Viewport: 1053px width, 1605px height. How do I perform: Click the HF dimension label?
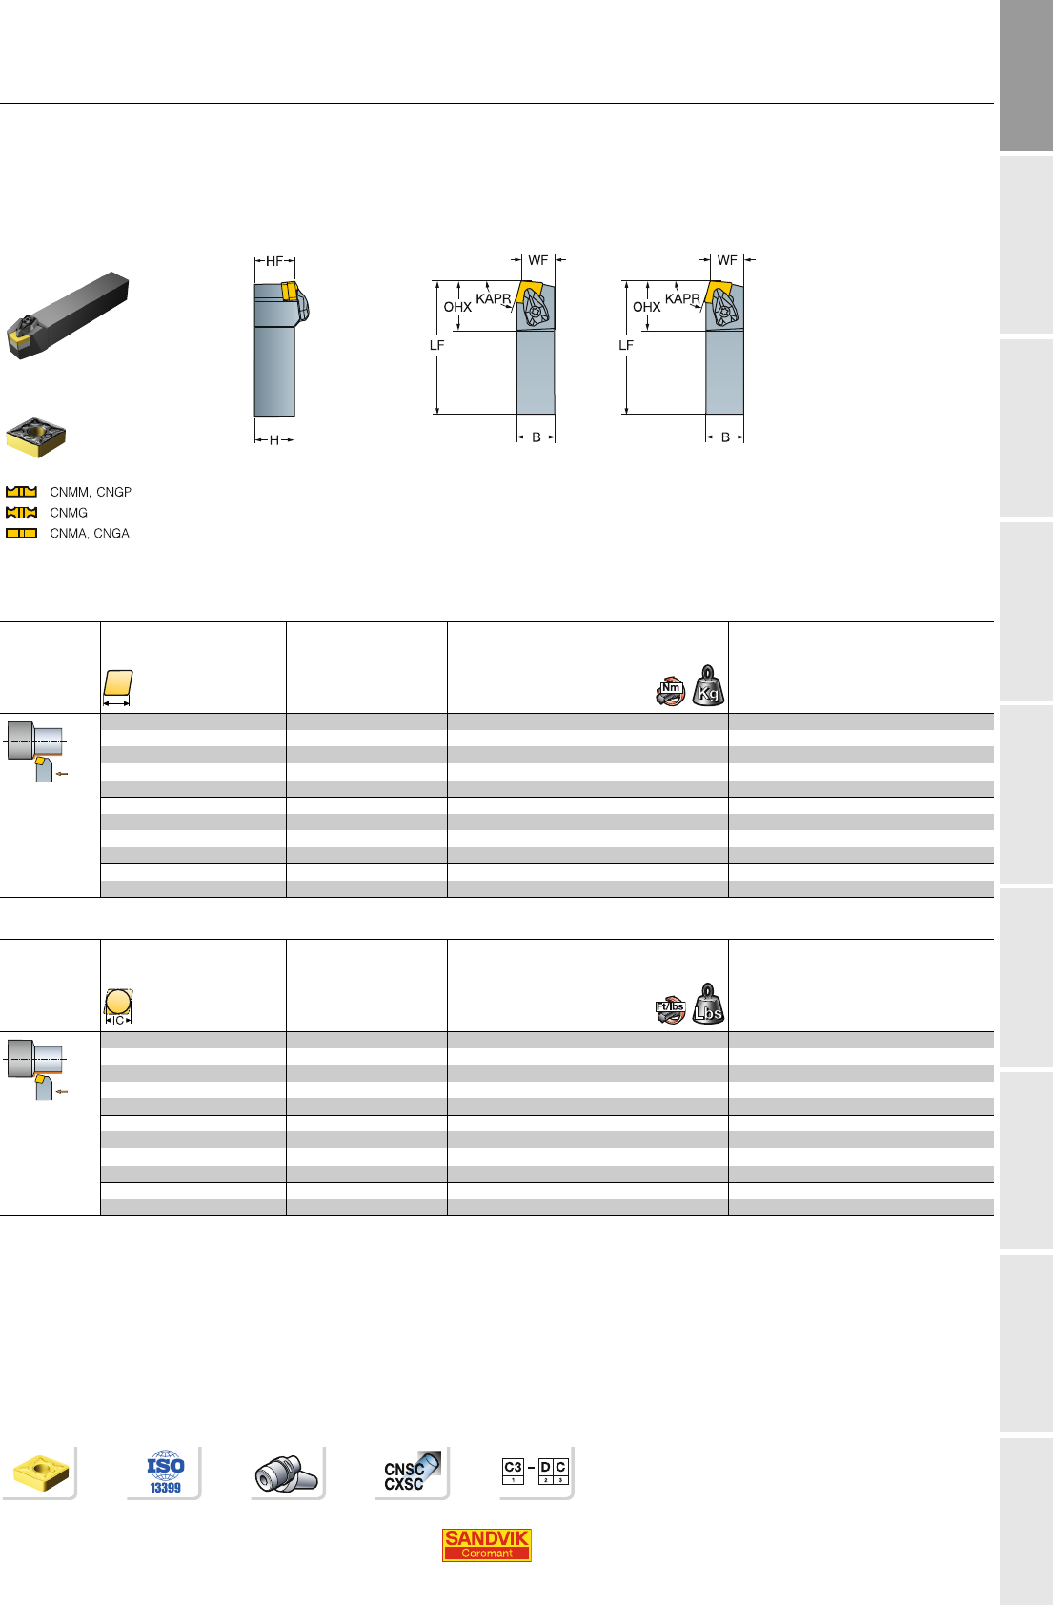[x=274, y=261]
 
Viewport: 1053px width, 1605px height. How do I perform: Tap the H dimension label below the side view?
[x=274, y=440]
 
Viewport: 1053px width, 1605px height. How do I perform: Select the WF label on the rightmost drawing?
[x=727, y=260]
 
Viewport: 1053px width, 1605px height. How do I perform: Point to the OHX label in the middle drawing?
[x=457, y=307]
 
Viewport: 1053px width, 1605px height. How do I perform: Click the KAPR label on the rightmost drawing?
[x=682, y=298]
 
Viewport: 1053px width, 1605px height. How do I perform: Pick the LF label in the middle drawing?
[x=437, y=345]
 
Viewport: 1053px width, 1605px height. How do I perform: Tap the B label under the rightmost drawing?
[x=725, y=437]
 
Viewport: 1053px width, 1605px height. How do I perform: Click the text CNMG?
[x=69, y=513]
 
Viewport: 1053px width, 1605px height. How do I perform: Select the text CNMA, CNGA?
[x=90, y=533]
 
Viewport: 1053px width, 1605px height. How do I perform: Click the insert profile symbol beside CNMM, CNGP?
[x=22, y=492]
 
